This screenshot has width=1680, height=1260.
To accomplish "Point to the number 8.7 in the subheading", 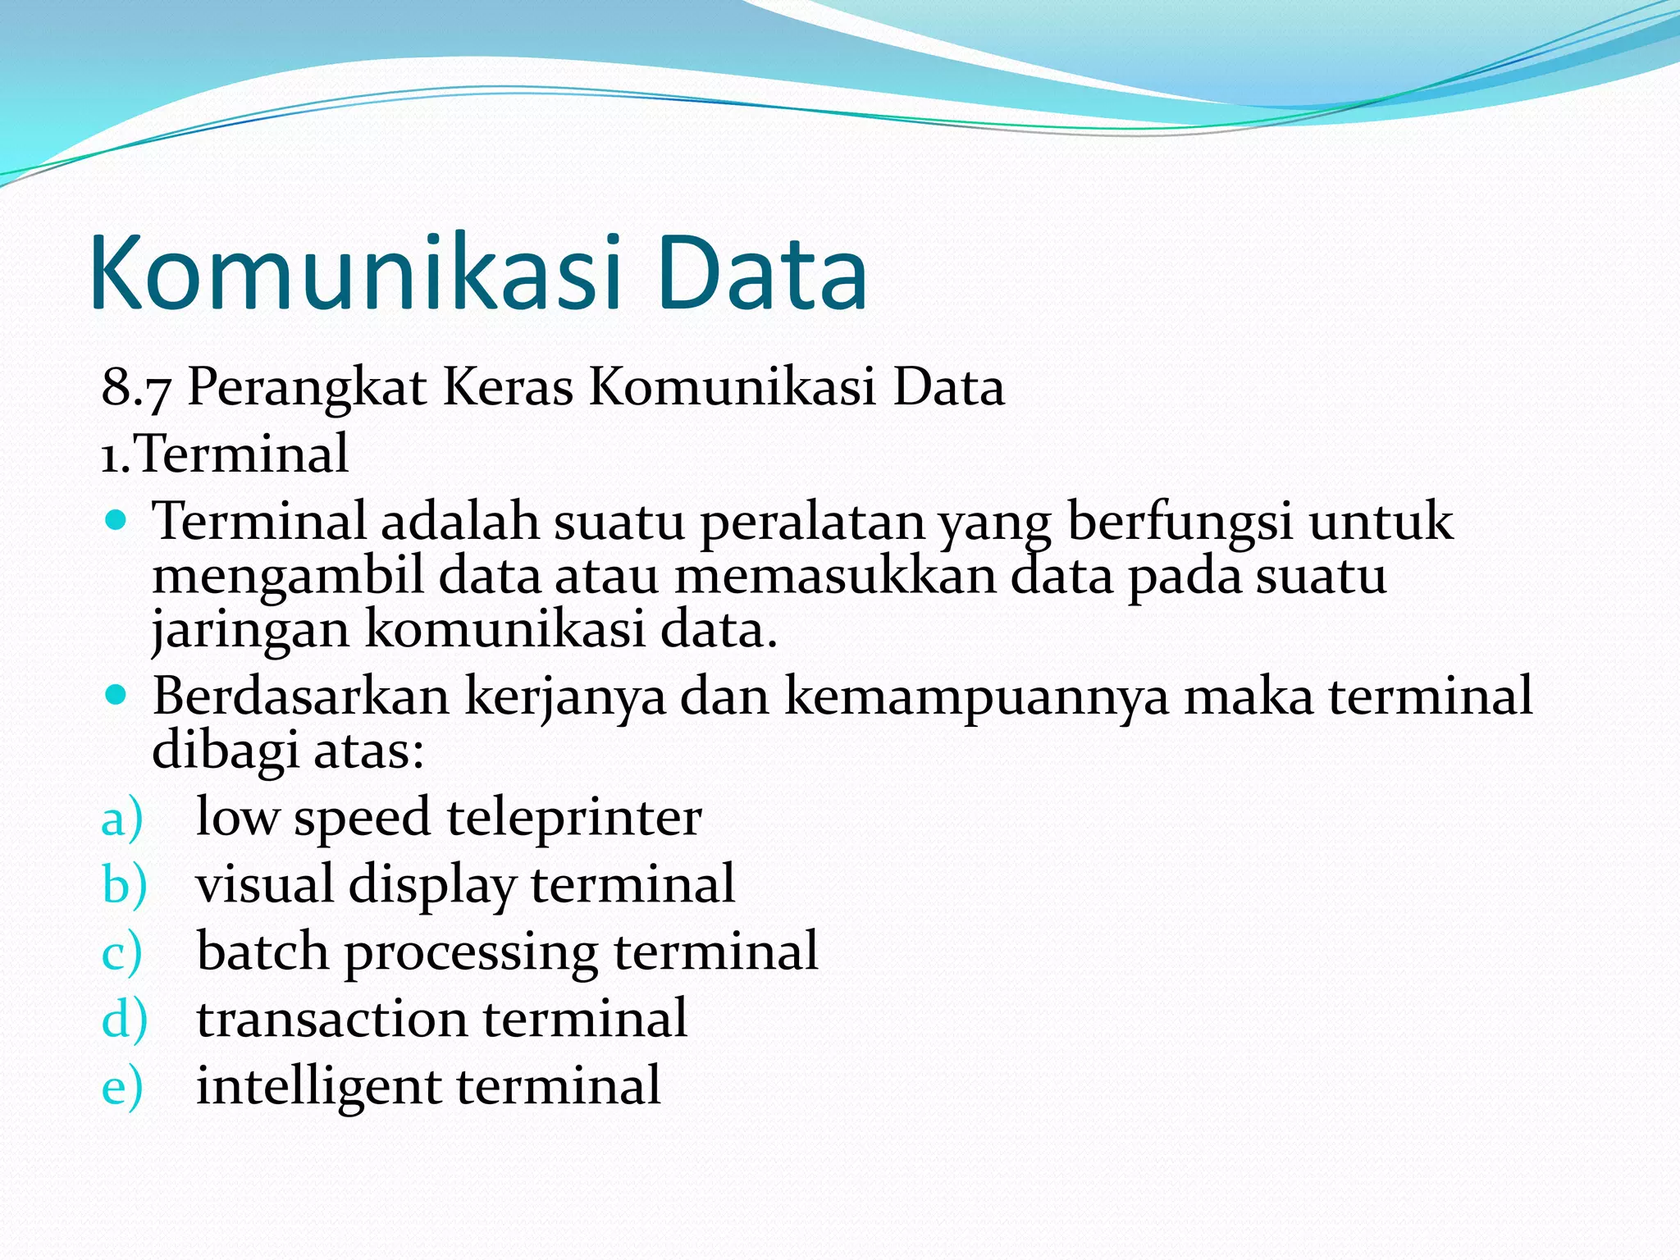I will [x=135, y=387].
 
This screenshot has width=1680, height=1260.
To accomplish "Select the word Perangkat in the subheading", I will [x=307, y=387].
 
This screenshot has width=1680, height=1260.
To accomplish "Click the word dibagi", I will [x=225, y=750].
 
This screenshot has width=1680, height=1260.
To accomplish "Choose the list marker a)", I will [x=122, y=819].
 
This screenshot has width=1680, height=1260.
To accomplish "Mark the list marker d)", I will [x=124, y=1019].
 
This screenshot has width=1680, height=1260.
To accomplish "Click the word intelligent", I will [x=319, y=1086].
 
